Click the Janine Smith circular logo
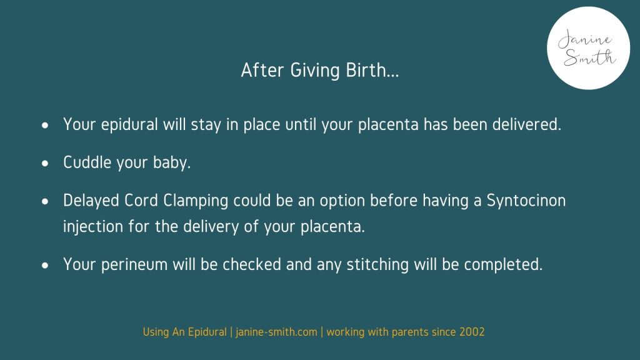tap(588, 48)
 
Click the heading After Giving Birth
tap(320, 70)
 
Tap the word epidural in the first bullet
tap(129, 124)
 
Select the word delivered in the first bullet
tap(526, 124)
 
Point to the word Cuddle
tap(87, 162)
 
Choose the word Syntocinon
tap(526, 201)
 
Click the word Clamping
tap(196, 201)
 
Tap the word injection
tap(93, 226)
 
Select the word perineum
tap(134, 265)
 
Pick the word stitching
tap(377, 264)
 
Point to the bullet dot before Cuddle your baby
tap(45, 163)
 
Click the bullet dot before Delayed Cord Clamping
tap(45, 201)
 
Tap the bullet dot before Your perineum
tap(45, 265)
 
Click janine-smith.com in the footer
tap(276, 332)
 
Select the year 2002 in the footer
tap(472, 332)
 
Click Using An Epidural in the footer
tap(184, 332)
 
